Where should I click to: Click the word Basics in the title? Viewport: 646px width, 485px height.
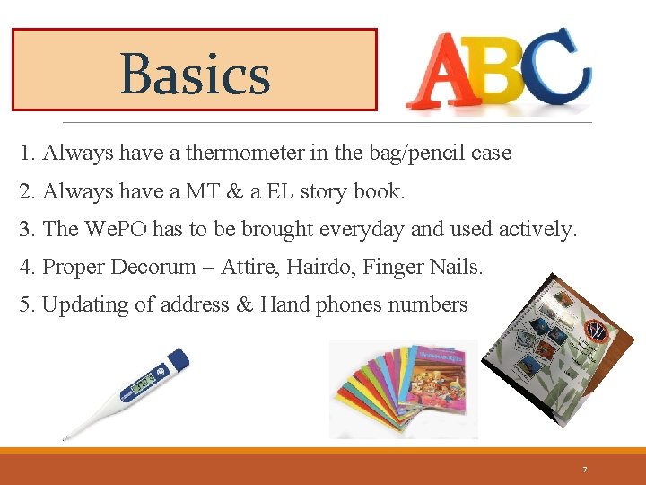[x=195, y=74]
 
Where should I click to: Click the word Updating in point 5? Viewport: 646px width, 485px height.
[x=85, y=304]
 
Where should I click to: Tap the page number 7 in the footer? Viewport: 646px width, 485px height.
[x=584, y=469]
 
